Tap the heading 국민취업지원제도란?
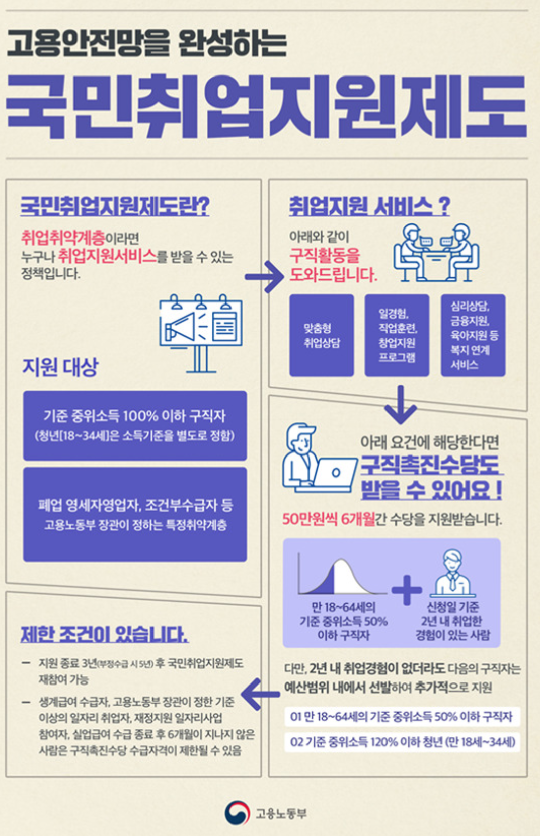115,206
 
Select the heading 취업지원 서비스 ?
369,206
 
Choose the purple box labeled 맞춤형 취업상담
322,336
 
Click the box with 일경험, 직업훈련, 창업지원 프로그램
397,336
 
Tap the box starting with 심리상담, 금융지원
473,336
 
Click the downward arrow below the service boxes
400,405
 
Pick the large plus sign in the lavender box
407,589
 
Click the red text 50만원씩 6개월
329,519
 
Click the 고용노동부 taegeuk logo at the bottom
238,813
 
